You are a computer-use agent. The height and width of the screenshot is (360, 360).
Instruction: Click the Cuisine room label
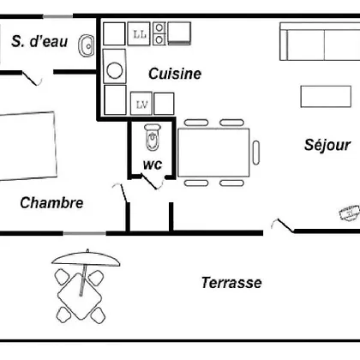click(175, 74)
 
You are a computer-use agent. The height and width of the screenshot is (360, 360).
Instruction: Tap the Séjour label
click(327, 145)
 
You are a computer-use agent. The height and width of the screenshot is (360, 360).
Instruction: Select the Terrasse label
click(231, 283)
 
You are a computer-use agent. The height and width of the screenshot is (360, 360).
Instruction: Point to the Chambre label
click(51, 203)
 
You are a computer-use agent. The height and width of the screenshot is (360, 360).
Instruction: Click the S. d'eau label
click(39, 41)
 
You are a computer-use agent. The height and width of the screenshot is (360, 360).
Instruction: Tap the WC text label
click(153, 165)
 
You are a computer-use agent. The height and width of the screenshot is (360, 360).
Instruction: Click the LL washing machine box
click(139, 33)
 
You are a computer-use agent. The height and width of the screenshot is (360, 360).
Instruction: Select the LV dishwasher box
click(141, 104)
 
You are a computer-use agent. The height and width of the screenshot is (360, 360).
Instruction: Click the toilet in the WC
click(153, 137)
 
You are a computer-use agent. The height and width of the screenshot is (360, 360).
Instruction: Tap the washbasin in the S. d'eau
click(86, 45)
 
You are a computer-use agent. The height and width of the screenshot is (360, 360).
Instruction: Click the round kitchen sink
click(115, 70)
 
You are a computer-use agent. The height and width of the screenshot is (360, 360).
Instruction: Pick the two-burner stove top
click(159, 33)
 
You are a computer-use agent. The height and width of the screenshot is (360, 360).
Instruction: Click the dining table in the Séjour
click(213, 153)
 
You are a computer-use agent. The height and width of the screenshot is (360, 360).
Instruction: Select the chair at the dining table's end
click(256, 153)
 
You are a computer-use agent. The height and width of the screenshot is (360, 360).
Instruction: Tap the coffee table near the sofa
click(326, 97)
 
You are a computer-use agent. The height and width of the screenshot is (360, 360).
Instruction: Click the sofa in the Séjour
click(320, 42)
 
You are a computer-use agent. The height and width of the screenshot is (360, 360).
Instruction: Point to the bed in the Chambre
click(28, 147)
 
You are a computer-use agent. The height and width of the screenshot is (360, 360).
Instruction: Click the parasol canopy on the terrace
click(86, 259)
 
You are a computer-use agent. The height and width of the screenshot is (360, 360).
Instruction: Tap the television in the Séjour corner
click(349, 213)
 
